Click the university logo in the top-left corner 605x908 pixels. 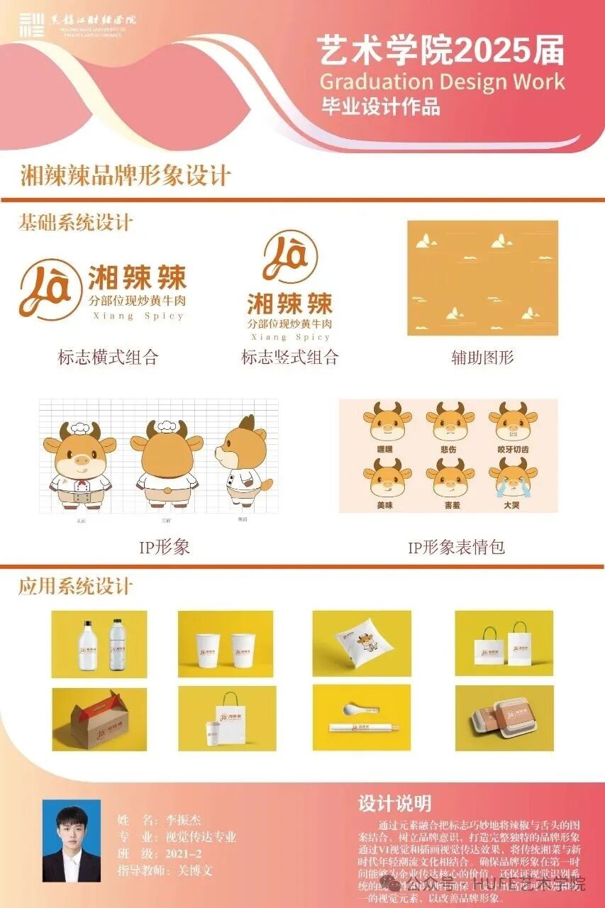[x=32, y=24]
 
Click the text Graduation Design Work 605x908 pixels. [x=442, y=81]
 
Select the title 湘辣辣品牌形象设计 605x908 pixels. [x=126, y=175]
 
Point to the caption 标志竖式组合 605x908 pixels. [x=290, y=357]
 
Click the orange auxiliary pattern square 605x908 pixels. [x=482, y=277]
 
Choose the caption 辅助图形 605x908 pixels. [x=482, y=357]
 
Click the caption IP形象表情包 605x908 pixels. [x=456, y=547]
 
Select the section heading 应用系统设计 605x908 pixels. [x=76, y=587]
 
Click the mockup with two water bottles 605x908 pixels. [x=99, y=643]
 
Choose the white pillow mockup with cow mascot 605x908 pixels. [x=362, y=643]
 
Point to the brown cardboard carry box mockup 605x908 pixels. [x=99, y=719]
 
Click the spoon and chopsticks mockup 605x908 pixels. [x=362, y=718]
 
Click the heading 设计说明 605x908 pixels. [x=394, y=803]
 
